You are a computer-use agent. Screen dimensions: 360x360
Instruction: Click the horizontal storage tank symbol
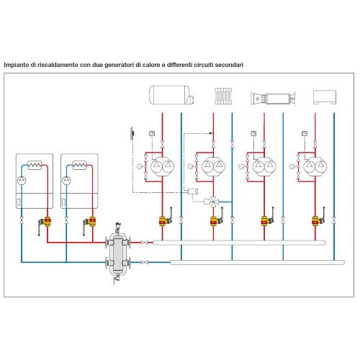coord(171,95)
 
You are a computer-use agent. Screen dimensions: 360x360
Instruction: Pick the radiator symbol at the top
coord(223,96)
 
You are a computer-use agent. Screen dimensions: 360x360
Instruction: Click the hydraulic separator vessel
coord(118,253)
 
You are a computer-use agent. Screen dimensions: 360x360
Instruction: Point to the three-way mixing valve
coord(213,202)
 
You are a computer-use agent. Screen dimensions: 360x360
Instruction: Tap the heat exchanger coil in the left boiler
coord(35,165)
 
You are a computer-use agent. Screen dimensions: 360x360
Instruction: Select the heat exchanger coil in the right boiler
coord(80,165)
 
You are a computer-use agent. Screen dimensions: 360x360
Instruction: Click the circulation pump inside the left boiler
coord(22,181)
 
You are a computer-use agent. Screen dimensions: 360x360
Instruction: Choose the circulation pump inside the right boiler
coord(66,181)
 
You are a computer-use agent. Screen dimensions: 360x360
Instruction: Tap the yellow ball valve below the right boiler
coord(91,222)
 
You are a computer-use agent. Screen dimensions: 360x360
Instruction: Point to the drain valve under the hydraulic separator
coord(117,279)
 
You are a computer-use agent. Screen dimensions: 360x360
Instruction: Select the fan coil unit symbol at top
coord(273,98)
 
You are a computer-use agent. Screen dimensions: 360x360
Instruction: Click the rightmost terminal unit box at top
coord(325,97)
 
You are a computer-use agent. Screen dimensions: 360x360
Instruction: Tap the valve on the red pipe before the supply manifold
coord(144,243)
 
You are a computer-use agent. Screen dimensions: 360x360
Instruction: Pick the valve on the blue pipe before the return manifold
coord(144,262)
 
